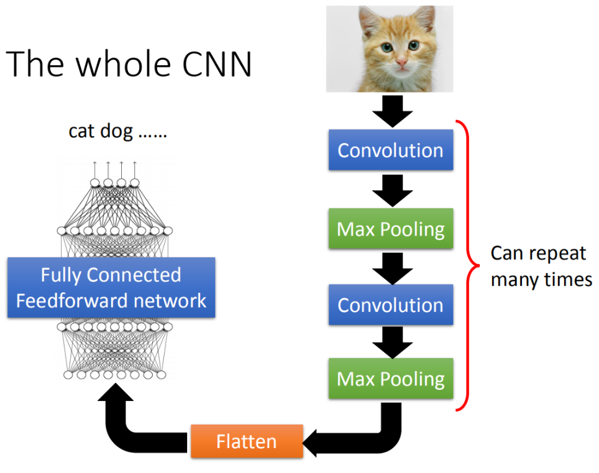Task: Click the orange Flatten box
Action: (247, 441)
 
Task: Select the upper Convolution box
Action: (390, 150)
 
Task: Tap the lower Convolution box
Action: (390, 305)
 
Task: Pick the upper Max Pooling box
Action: (390, 229)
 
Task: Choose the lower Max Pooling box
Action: (390, 379)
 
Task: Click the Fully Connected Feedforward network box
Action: (111, 288)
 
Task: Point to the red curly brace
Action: (472, 266)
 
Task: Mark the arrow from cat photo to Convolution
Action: (390, 111)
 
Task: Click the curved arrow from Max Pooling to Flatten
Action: (373, 435)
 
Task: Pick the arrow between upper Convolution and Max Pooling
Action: (390, 189)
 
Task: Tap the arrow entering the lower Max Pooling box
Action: (390, 342)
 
